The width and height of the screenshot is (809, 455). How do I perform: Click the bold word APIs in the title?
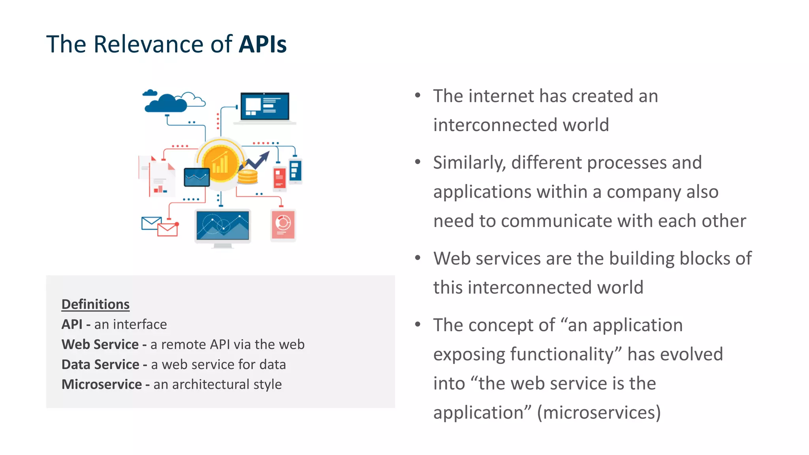point(263,44)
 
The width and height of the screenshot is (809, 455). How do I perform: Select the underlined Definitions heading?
point(95,304)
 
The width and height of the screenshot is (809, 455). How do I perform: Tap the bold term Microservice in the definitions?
point(102,384)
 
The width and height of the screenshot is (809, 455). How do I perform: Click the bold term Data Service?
point(100,364)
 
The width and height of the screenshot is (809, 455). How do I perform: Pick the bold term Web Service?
point(100,344)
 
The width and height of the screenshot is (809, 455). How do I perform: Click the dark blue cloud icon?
point(166,104)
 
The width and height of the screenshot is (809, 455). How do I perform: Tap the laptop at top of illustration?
point(265,108)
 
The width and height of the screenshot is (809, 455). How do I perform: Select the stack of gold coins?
point(248,177)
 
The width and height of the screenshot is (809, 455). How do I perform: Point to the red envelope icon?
point(167,229)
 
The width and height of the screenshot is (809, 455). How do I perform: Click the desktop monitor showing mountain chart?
point(223,227)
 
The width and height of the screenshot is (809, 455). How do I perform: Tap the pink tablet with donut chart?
point(283,225)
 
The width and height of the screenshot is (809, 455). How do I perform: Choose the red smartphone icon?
point(280,179)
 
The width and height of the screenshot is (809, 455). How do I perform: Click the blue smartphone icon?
point(295,171)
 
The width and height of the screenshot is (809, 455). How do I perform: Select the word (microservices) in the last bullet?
point(598,413)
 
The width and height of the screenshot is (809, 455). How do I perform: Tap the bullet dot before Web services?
point(418,258)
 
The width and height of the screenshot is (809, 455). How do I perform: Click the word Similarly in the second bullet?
point(469,163)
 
